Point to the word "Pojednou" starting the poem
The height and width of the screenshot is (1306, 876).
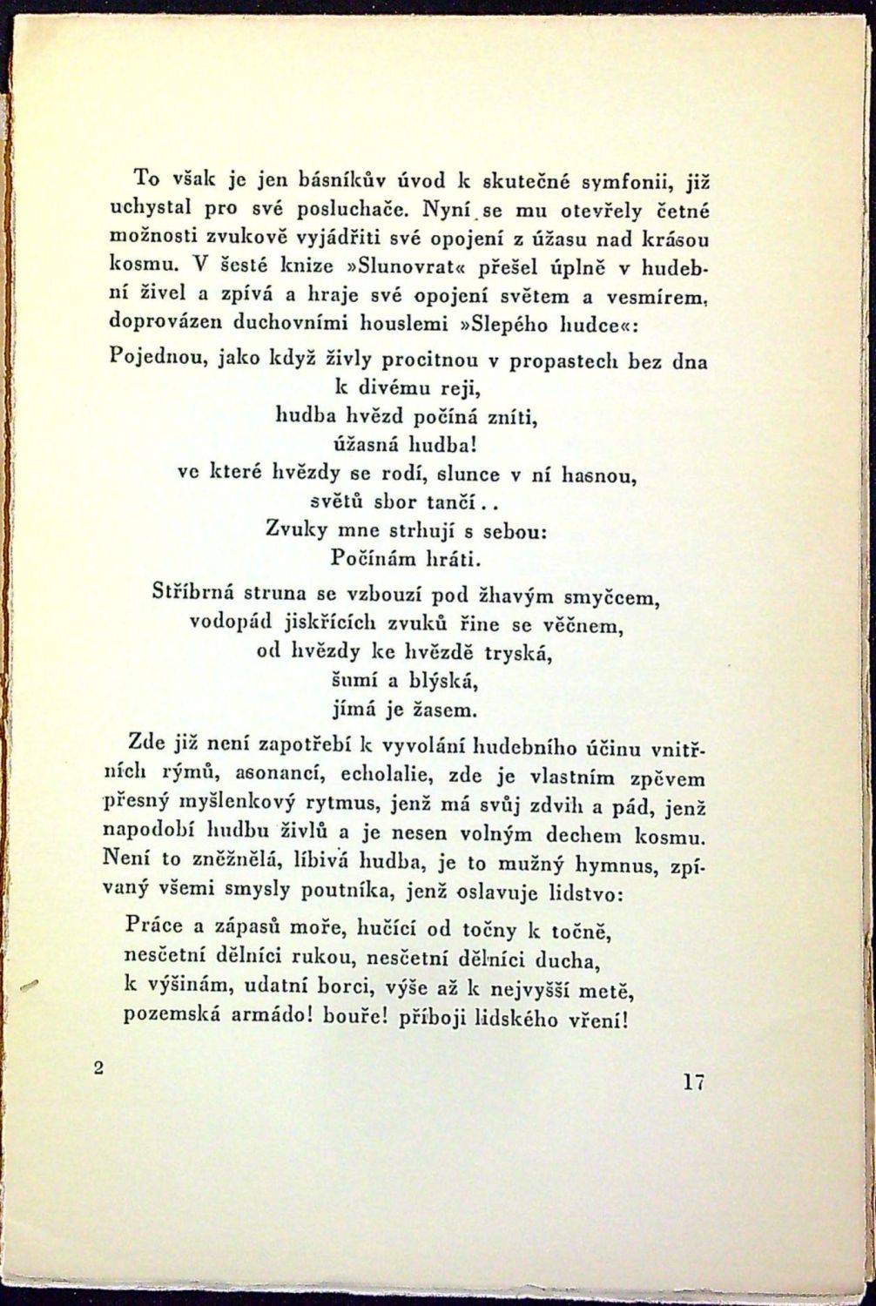coord(156,358)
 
